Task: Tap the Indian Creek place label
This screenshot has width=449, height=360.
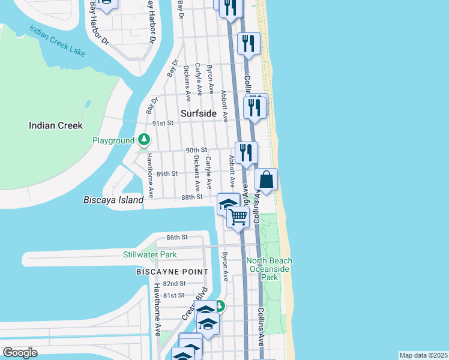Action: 56,125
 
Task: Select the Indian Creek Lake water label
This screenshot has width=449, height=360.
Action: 57,41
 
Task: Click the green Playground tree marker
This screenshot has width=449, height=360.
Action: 143,140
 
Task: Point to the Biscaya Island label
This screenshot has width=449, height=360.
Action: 113,200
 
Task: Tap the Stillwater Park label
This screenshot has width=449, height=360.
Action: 150,254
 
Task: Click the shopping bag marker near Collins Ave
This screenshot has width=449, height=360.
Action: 267,179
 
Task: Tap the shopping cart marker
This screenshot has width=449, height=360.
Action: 238,217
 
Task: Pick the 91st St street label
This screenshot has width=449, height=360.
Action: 162,123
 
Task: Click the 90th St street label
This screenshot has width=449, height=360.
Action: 196,149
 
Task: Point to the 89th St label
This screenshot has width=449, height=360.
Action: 167,173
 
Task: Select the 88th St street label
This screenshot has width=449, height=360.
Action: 193,197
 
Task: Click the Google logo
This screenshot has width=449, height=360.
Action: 20,353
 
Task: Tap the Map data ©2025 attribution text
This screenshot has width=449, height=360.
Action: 423,355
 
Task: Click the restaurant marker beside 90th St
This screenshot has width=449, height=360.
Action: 246,152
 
